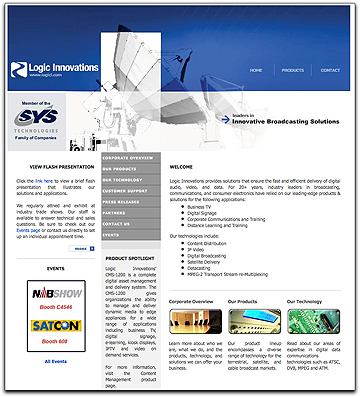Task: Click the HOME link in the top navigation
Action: pos(256,70)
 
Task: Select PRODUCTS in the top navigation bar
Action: pos(291,70)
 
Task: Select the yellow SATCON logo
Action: pos(55,326)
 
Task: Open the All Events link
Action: pos(55,360)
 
